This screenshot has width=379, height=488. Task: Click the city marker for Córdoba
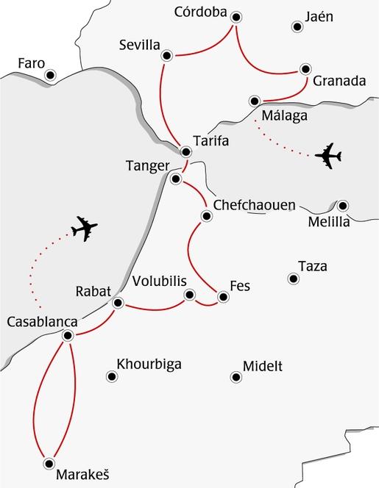(x=235, y=17)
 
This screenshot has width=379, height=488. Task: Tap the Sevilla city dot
(x=166, y=55)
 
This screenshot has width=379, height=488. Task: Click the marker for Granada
(x=305, y=70)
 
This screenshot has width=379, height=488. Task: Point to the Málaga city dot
(x=255, y=101)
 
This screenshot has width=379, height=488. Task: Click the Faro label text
(x=30, y=63)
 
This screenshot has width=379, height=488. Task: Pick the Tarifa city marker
(x=185, y=151)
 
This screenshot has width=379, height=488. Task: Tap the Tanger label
(x=147, y=165)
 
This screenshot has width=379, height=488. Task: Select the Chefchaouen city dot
(x=206, y=215)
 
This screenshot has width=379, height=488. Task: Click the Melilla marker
(x=342, y=206)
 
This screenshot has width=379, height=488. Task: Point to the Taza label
(x=313, y=266)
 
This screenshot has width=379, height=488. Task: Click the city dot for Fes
(x=222, y=297)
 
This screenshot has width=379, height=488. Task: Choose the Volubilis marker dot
(x=190, y=295)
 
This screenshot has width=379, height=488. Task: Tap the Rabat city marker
(x=117, y=303)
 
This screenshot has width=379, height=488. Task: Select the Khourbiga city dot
(x=112, y=376)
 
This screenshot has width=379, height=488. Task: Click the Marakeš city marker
(x=49, y=462)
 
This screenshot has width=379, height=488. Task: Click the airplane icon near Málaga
(x=328, y=156)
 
